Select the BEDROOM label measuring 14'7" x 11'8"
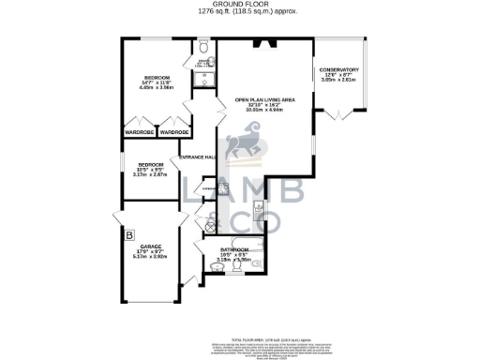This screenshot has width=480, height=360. [x=156, y=77]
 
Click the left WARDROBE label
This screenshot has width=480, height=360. [x=139, y=132]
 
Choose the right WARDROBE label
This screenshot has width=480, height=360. [x=173, y=132]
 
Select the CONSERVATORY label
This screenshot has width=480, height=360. [x=337, y=70]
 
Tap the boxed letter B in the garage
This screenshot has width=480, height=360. [x=130, y=234]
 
